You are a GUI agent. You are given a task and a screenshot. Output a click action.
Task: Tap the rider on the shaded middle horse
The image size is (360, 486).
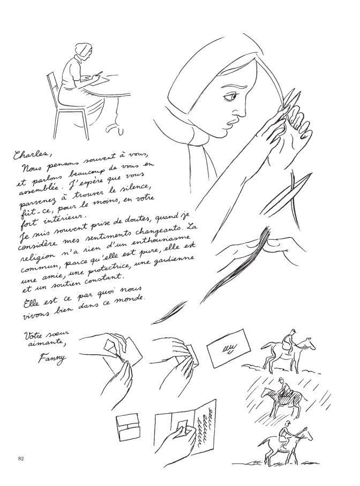[x=283, y=387]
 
